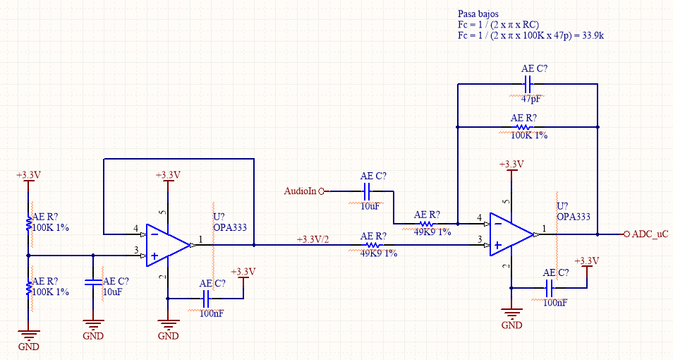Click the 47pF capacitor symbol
[x=528, y=84]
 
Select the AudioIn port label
[x=300, y=191]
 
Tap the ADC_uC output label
[x=650, y=234]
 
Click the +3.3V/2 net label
[x=313, y=240]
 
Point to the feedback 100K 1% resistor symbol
[x=523, y=127]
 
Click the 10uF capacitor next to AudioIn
[x=367, y=191]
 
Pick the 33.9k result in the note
[x=593, y=36]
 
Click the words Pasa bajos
[x=478, y=14]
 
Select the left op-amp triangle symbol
[x=168, y=246]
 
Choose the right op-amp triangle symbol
[x=511, y=234]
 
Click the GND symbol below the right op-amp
[x=511, y=313]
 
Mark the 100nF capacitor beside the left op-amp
[x=205, y=299]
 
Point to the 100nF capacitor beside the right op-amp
[x=549, y=288]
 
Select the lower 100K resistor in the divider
[x=29, y=288]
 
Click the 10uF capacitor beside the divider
[x=93, y=282]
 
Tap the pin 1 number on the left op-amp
[x=200, y=239]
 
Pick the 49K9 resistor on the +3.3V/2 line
[x=372, y=246]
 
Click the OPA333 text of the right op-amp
[x=574, y=217]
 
